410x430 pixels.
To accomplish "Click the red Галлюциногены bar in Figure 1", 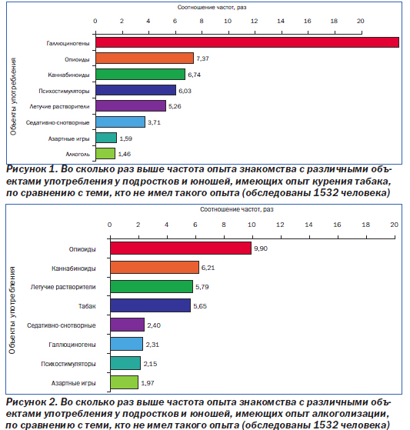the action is pos(247,42).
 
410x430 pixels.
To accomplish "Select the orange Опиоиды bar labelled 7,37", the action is pos(145,58).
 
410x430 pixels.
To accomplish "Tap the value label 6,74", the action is pos(194,75).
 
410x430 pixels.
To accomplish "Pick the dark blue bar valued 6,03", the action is pos(135,90).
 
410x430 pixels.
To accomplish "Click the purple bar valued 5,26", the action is pos(131,106).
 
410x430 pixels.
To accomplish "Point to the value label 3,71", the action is pos(154,122).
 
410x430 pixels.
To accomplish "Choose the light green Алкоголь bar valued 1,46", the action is pos(105,154).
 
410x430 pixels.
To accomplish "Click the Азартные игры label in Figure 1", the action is pos(68,138).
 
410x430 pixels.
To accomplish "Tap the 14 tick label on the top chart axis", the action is pos(281,21).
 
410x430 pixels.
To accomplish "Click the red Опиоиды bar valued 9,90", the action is pos(181,248).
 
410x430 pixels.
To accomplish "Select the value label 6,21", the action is pos(208,268).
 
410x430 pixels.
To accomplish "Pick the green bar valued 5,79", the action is pos(152,287).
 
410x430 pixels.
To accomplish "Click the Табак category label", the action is pos(87,306).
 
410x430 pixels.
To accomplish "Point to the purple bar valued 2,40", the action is pos(127,325).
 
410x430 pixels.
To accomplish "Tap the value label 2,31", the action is pos(152,345).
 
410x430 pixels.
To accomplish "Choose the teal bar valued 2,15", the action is pos(125,363).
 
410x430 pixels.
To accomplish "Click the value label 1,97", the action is pos(148,383).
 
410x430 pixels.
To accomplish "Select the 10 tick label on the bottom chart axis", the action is pos(252,225).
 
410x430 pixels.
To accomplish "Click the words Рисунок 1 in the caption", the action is pos(32,169).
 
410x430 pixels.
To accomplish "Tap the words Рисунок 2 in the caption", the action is pos(32,402).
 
